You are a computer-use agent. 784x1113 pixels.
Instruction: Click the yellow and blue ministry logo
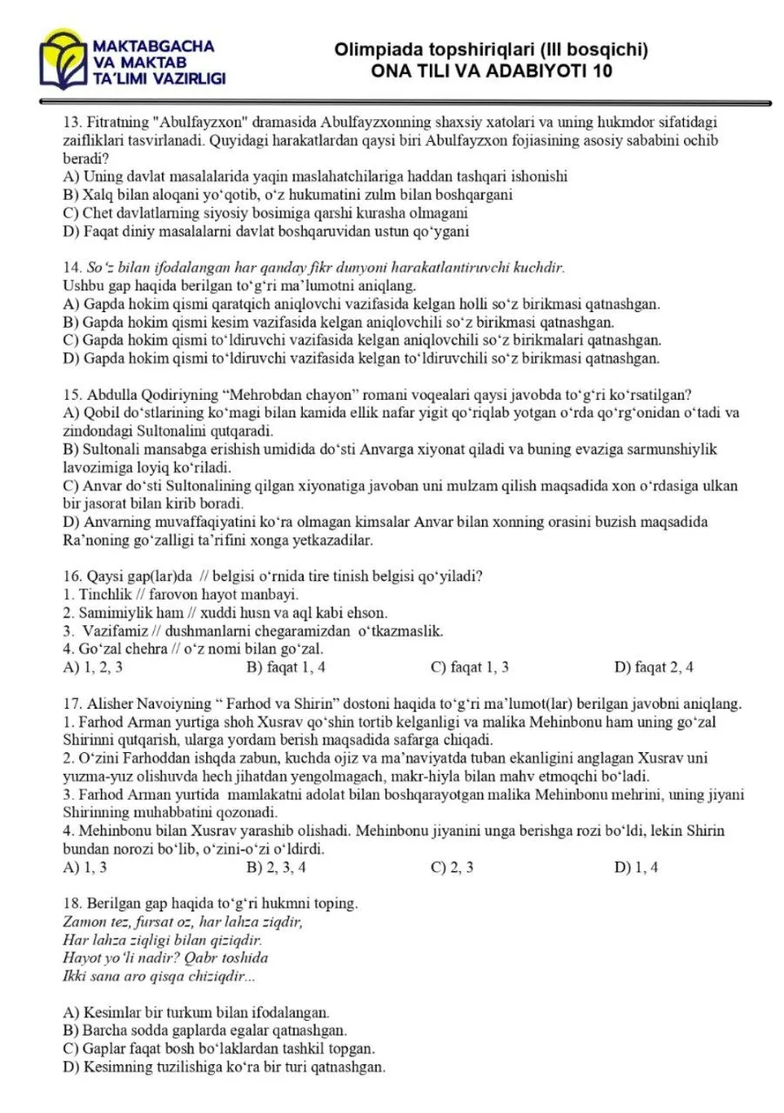point(64,61)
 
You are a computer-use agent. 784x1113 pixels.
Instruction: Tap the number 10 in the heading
point(601,71)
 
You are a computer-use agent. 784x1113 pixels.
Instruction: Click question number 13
point(72,121)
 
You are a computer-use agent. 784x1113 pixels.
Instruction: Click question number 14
point(72,267)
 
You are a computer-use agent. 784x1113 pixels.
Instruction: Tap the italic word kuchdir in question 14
point(540,267)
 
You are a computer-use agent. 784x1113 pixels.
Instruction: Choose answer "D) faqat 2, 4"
point(653,668)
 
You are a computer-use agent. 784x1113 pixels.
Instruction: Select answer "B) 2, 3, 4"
point(276,867)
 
